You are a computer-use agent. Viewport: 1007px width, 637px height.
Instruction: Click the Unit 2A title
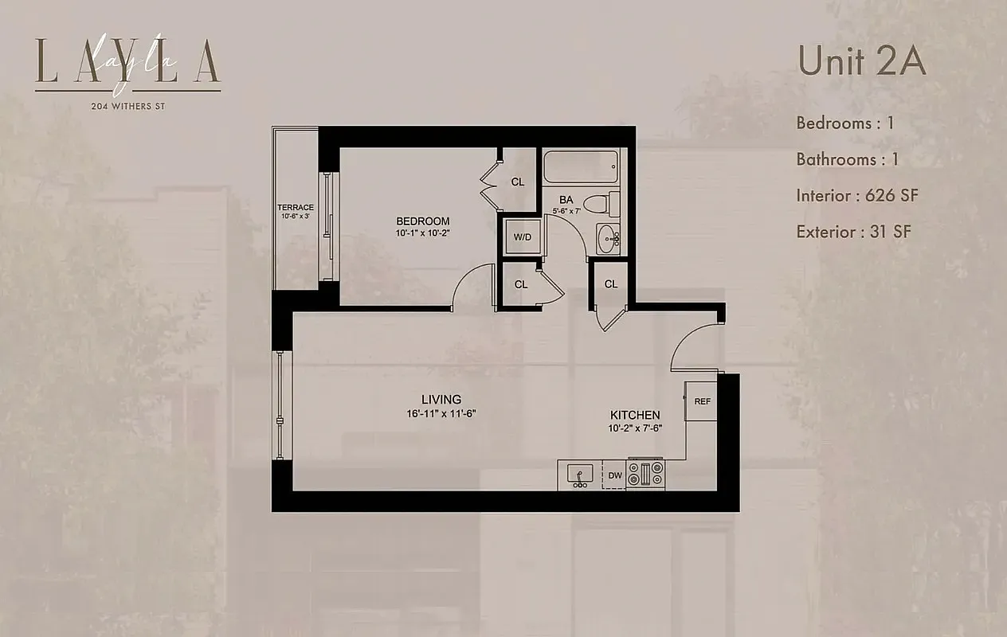(862, 62)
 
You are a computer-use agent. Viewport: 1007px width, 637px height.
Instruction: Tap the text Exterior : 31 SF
(853, 232)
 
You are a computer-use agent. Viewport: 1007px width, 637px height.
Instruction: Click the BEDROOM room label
(423, 221)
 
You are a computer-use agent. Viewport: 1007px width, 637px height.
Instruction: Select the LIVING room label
(441, 399)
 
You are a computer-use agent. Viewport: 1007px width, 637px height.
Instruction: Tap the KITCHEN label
(635, 415)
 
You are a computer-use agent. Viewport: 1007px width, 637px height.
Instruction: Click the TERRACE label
(296, 208)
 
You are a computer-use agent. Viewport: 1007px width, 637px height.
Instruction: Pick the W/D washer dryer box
(522, 237)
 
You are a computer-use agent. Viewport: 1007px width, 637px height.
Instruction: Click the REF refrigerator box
(702, 401)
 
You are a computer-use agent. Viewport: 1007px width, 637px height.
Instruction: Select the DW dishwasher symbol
(614, 475)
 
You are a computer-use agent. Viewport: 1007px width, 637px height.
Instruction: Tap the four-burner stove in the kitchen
(645, 474)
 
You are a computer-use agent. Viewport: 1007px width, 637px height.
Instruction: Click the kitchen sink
(579, 475)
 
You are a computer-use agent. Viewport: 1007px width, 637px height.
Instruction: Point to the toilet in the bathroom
(603, 202)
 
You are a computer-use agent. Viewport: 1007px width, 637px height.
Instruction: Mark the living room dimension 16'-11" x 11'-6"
(441, 413)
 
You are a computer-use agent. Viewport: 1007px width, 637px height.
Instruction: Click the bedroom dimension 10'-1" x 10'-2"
(423, 234)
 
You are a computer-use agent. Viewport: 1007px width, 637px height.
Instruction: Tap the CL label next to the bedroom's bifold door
(518, 182)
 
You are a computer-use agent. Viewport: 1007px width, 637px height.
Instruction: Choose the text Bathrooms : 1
(848, 159)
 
